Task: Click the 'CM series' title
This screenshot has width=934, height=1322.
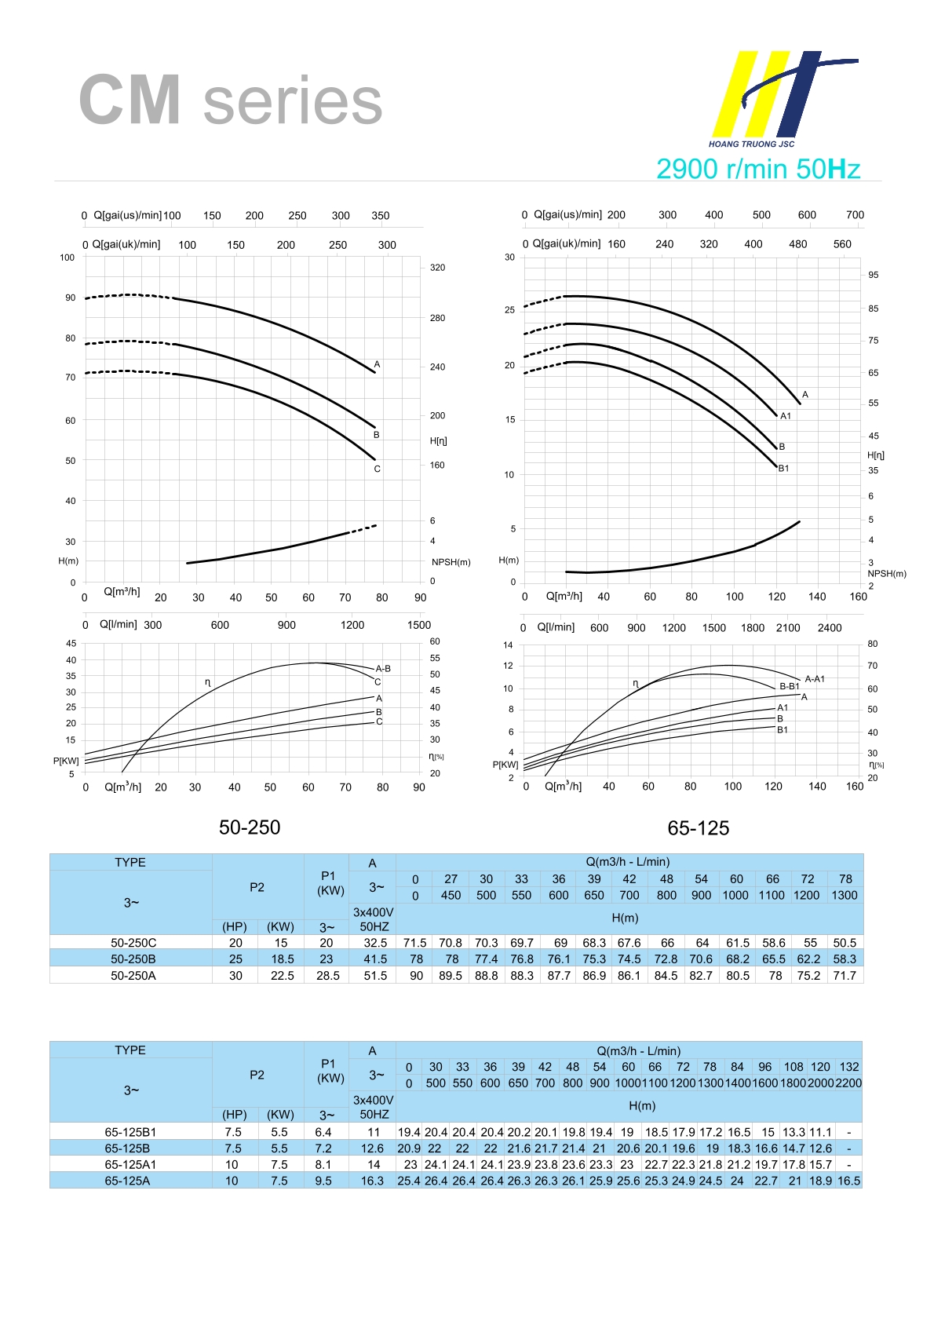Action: [x=230, y=100]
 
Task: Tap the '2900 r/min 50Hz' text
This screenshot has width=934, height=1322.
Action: [x=757, y=169]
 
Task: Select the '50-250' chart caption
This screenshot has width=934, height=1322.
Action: [x=250, y=827]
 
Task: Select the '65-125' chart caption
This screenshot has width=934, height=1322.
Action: [x=698, y=828]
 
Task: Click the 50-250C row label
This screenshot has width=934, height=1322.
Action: [x=133, y=943]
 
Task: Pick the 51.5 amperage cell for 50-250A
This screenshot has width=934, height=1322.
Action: [x=375, y=976]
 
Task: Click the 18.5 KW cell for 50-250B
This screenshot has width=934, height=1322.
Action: [x=282, y=959]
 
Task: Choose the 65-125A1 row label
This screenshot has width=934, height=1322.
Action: [x=130, y=1165]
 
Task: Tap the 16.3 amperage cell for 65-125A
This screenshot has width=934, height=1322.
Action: [x=372, y=1181]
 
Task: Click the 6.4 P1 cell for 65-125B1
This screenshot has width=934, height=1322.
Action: [x=323, y=1132]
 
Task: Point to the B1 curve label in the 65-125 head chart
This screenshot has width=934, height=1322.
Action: [x=783, y=469]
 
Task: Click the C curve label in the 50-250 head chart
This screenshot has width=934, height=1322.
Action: [x=377, y=469]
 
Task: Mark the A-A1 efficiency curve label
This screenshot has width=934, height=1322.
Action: [x=815, y=679]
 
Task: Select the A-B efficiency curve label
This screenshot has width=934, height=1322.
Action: [x=383, y=669]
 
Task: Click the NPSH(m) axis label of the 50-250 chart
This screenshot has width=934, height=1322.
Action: [x=451, y=562]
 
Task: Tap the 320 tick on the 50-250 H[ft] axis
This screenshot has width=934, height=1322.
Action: [x=437, y=268]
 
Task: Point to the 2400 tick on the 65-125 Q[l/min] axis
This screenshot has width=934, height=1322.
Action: [x=829, y=628]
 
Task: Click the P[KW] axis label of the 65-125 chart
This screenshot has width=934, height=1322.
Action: [x=505, y=765]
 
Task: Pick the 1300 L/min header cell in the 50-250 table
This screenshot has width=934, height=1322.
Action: [x=845, y=895]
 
